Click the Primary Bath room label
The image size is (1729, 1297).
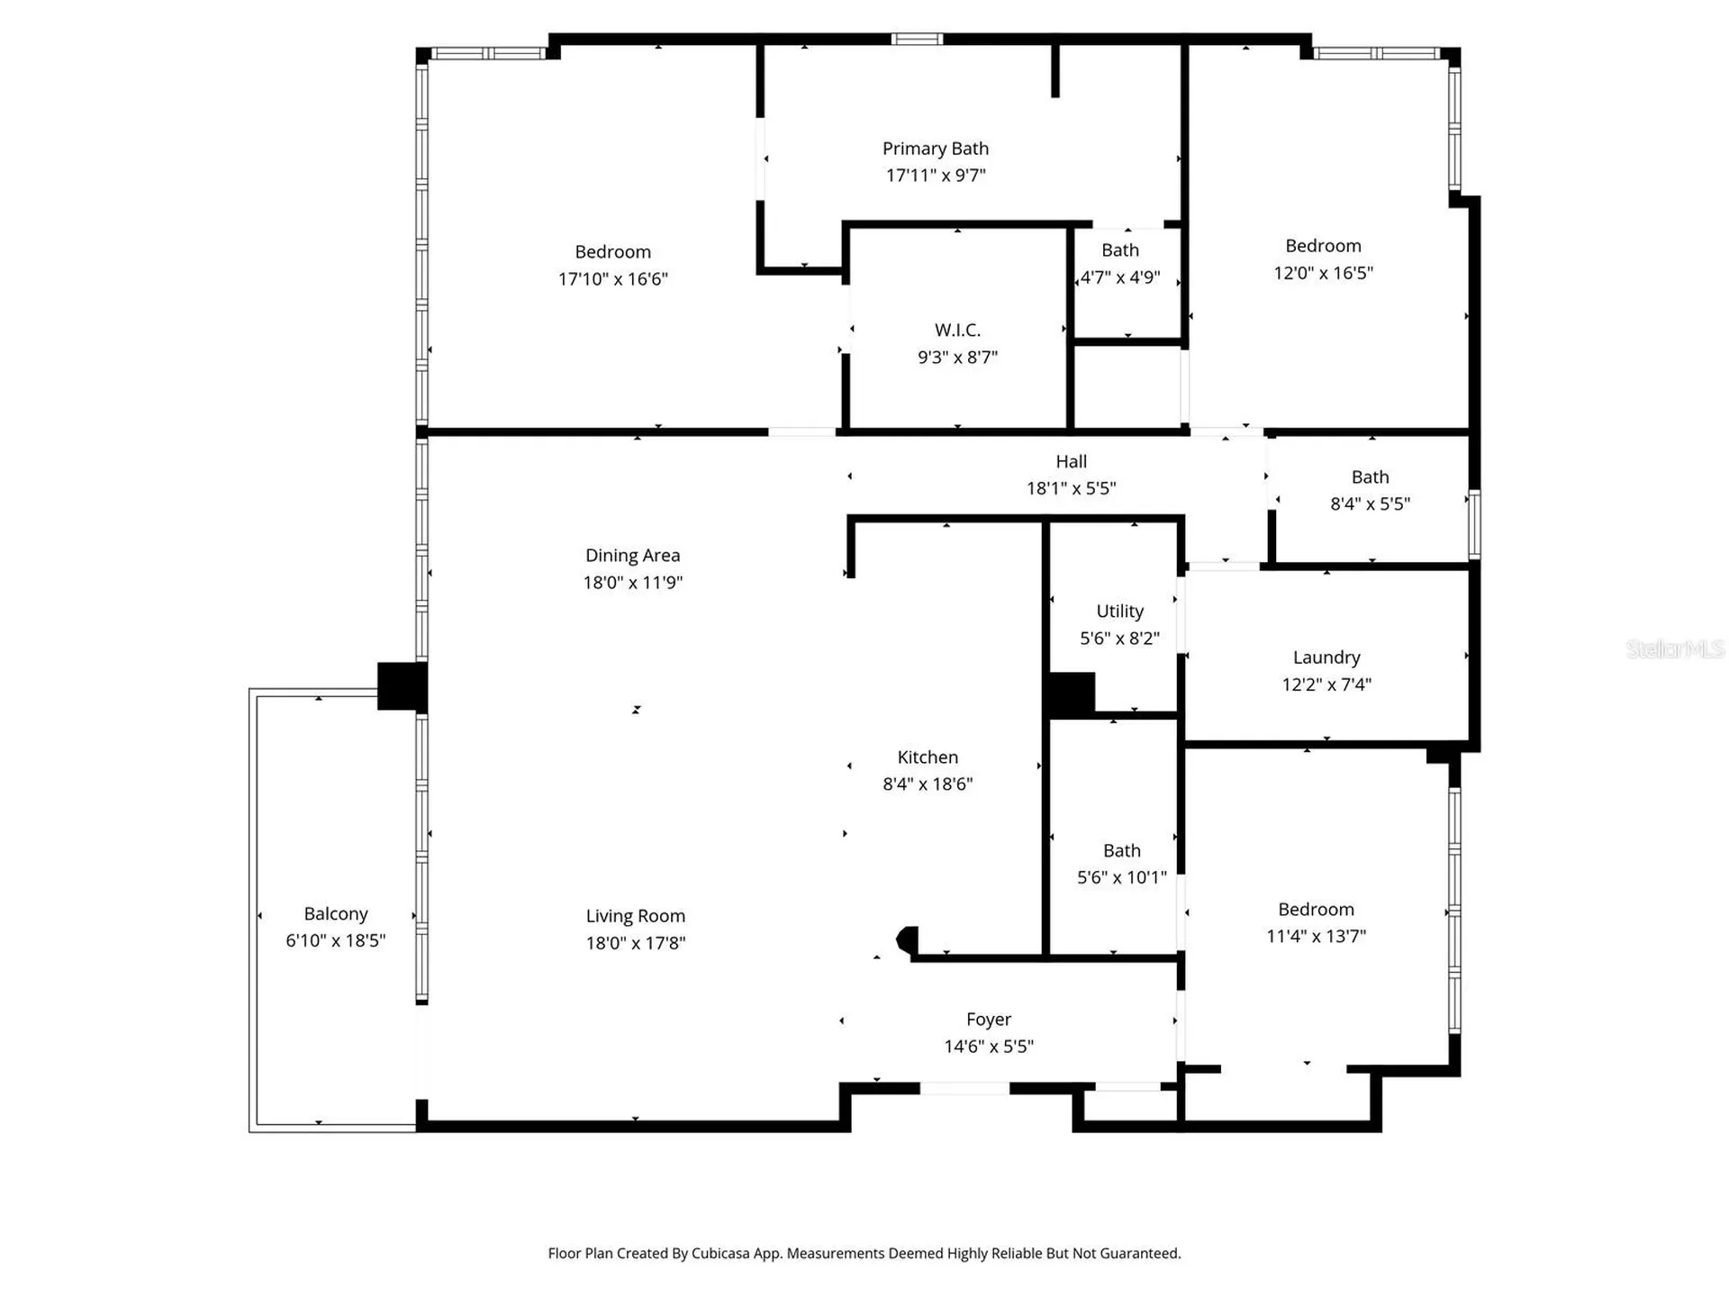pyautogui.click(x=935, y=149)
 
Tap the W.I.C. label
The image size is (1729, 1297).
pyautogui.click(x=957, y=331)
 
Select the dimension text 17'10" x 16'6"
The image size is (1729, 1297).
pyautogui.click(x=613, y=279)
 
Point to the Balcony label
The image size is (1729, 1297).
pyautogui.click(x=336, y=914)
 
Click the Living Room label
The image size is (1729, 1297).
pyautogui.click(x=636, y=916)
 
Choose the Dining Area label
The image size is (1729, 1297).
pyautogui.click(x=633, y=556)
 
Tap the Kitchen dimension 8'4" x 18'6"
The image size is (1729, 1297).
pyautogui.click(x=928, y=785)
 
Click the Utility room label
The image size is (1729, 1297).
pyautogui.click(x=1120, y=612)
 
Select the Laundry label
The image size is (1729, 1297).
pyautogui.click(x=1326, y=658)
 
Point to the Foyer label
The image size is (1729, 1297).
pyautogui.click(x=989, y=1020)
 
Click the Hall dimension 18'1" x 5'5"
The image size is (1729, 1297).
pyautogui.click(x=1072, y=488)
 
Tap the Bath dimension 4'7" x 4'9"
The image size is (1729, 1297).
pyautogui.click(x=1120, y=277)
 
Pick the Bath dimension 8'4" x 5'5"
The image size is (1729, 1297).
pyautogui.click(x=1371, y=504)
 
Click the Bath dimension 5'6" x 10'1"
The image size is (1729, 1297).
pyautogui.click(x=1122, y=877)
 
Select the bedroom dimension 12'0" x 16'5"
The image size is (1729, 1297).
pyautogui.click(x=1324, y=273)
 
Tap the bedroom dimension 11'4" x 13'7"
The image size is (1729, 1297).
pyautogui.click(x=1317, y=937)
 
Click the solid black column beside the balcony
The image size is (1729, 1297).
pyautogui.click(x=403, y=686)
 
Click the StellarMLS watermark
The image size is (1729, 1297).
pyautogui.click(x=1675, y=648)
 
